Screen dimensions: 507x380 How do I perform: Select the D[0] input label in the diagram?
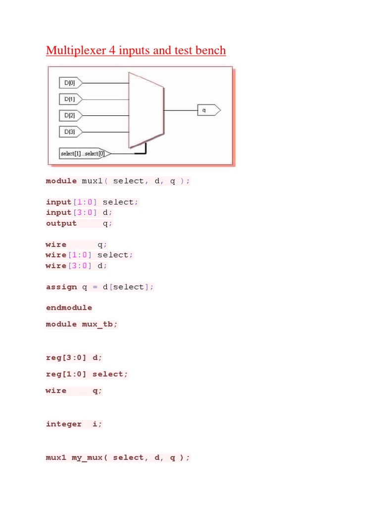[68, 83]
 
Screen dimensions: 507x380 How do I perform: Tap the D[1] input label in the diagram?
[68, 99]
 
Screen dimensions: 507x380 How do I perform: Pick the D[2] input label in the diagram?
[68, 115]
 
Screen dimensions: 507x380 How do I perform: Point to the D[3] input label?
[68, 132]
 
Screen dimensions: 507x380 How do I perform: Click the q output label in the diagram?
[207, 110]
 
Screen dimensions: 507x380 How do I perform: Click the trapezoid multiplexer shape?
[146, 110]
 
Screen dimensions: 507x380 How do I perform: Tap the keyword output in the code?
[61, 223]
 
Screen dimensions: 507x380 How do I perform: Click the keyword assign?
[61, 287]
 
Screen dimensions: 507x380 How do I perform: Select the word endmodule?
[69, 307]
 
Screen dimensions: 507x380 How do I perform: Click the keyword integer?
[64, 424]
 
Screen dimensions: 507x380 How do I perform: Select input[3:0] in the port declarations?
[72, 212]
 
